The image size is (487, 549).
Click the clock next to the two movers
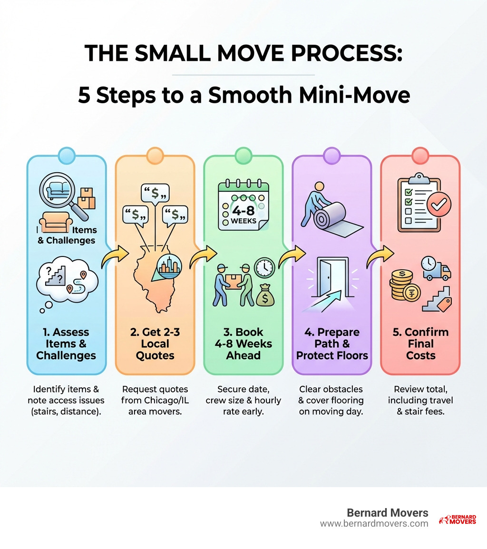(264, 268)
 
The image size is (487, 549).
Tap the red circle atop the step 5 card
(420, 155)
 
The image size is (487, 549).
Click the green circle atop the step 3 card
(243, 155)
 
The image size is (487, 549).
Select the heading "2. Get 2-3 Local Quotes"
(155, 343)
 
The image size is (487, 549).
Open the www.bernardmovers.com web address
(374, 523)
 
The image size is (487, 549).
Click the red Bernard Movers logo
(457, 519)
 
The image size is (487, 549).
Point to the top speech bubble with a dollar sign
(156, 193)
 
